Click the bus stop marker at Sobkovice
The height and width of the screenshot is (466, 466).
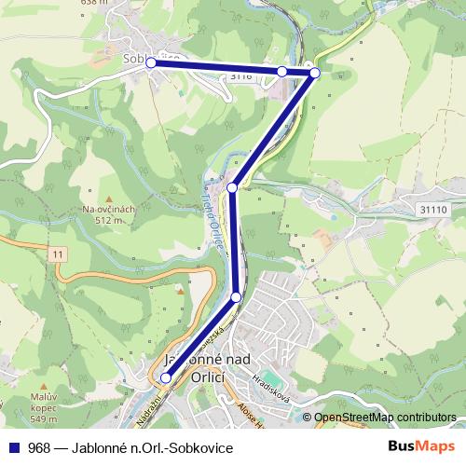click(150, 63)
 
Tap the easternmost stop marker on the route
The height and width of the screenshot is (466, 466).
click(315, 73)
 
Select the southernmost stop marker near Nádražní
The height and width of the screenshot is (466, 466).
click(166, 377)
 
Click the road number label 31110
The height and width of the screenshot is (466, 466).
click(434, 210)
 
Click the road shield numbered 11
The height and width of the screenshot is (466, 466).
click(59, 254)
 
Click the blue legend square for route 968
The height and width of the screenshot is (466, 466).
click(12, 448)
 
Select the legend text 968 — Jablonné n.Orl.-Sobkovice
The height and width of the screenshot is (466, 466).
click(130, 448)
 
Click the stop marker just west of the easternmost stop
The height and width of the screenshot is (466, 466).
click(281, 71)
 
